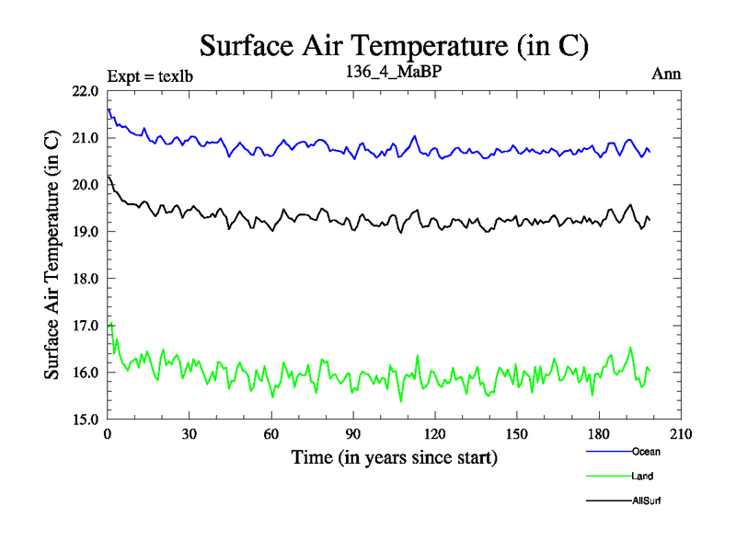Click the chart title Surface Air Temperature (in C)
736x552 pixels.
point(394,45)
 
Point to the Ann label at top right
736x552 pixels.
point(666,75)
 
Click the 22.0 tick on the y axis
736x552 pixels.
point(86,91)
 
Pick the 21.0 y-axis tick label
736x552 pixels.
point(86,138)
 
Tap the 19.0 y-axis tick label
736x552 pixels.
point(86,232)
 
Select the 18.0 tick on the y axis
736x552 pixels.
point(86,279)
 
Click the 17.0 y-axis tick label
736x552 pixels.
point(86,326)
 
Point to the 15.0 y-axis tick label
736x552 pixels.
point(86,419)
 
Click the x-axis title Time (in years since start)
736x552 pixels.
point(395,457)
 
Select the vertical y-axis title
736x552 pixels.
point(53,256)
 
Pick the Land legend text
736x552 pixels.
point(643,477)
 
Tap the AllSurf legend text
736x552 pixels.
point(647,500)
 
